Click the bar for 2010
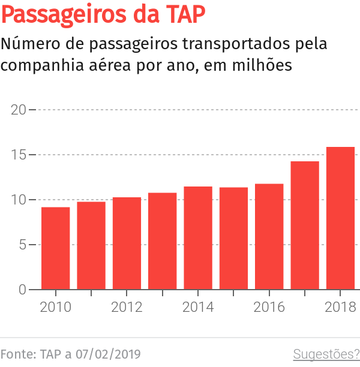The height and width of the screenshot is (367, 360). click(55, 248)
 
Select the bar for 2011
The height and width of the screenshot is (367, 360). click(91, 246)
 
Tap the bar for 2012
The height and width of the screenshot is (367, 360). click(127, 243)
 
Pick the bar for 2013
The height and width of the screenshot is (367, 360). click(162, 241)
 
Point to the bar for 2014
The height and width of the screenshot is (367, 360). click(198, 238)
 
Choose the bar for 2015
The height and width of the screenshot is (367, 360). click(233, 239)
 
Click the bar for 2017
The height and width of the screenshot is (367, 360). click(305, 225)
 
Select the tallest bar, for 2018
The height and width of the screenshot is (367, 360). click(340, 218)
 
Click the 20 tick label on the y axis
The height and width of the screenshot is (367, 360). click(19, 110)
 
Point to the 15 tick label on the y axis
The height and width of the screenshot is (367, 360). click(19, 155)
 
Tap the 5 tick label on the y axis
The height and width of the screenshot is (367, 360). click(22, 245)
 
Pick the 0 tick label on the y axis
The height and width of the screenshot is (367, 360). click(22, 290)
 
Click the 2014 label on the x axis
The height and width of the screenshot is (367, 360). click(198, 308)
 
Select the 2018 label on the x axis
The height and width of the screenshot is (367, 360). click(340, 308)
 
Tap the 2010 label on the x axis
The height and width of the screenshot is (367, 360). click(55, 308)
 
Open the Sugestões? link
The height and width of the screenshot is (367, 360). click(326, 354)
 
